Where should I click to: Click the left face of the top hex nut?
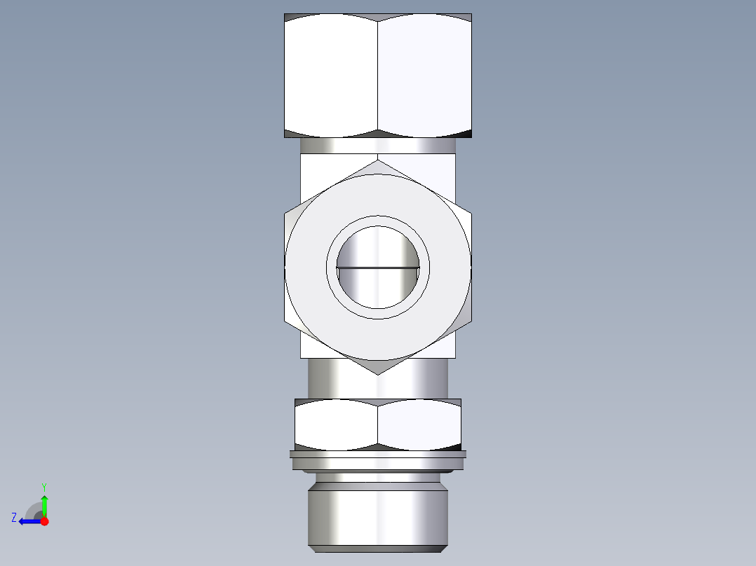[331, 76]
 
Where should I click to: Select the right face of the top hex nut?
[424, 76]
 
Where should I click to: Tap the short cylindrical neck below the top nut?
[378, 146]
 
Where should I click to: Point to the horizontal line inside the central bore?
[378, 268]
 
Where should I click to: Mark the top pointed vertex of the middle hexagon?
[378, 160]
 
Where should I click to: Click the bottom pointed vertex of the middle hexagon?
[378, 374]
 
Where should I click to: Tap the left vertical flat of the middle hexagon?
[285, 268]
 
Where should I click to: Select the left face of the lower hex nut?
[336, 424]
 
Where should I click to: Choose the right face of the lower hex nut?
[419, 424]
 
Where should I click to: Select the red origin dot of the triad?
[44, 521]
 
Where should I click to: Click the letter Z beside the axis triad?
[14, 518]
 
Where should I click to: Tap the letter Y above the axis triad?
[43, 486]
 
